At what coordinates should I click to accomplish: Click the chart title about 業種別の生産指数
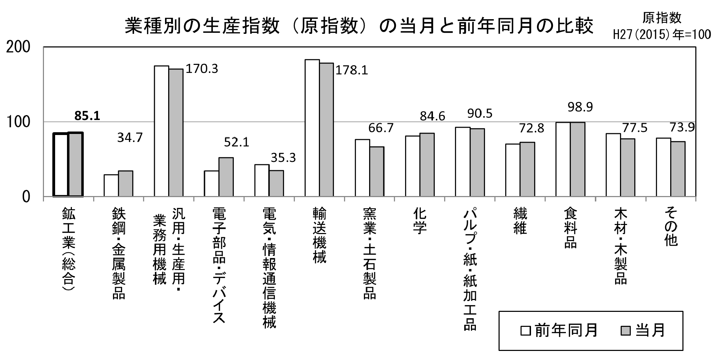[x=359, y=27]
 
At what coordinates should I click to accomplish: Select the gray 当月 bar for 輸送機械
[x=327, y=130]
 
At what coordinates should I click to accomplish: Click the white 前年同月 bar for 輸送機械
[x=312, y=128]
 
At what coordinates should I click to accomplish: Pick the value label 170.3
[x=201, y=69]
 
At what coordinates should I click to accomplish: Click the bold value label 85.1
[x=87, y=116]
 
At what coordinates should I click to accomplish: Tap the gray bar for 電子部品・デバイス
[x=226, y=177]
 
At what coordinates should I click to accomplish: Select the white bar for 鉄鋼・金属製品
[x=111, y=185]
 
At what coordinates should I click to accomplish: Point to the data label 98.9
[x=580, y=107]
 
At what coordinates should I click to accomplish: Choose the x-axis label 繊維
[x=520, y=221]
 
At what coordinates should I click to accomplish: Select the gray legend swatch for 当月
[x=626, y=330]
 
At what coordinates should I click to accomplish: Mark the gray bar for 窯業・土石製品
[x=377, y=172]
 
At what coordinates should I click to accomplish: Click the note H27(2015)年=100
[x=662, y=35]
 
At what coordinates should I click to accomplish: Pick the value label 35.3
[x=283, y=158]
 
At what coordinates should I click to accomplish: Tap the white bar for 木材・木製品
[x=613, y=165]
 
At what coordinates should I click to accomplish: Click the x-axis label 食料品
[x=570, y=228]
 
